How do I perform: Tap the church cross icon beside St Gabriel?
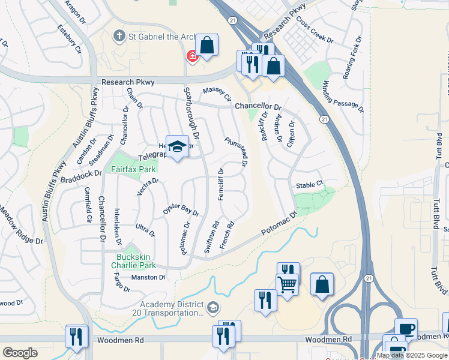pos(119,35)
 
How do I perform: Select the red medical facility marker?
pos(192,56)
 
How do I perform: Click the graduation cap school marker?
pos(178,147)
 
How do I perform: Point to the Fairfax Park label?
pos(133,169)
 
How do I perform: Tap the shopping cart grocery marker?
pos(288,283)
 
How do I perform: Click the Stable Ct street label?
pos(309,185)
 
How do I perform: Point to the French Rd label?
pos(227,235)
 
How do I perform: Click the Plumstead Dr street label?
pos(237,152)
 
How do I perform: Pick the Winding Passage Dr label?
pos(343,96)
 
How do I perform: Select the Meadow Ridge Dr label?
pos(22,226)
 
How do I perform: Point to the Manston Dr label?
pos(148,277)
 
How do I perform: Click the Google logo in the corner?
pos(20,352)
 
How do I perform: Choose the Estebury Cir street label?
pos(68,38)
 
